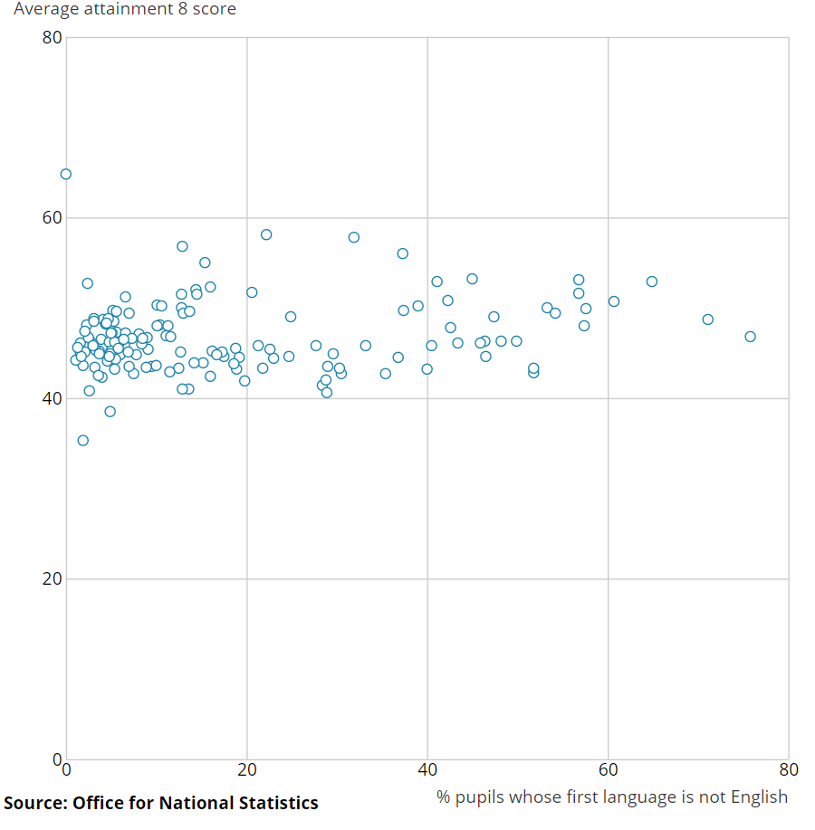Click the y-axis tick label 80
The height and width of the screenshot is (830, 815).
coord(52,38)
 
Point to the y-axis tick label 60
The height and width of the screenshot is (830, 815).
coord(52,218)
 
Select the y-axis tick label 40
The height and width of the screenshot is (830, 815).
coord(52,398)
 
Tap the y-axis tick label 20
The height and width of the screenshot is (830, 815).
coord(52,578)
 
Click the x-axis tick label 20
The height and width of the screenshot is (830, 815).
coord(247,770)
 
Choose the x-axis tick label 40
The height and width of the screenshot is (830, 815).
coord(427,770)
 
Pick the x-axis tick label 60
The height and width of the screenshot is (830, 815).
coord(608,770)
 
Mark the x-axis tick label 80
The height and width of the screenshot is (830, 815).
coord(788,770)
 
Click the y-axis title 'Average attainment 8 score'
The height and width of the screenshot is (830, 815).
coord(124,10)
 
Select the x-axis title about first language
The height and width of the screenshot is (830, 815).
coord(612,797)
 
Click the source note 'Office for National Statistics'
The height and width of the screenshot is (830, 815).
coord(196,803)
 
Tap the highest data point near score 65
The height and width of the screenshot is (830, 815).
coord(65,174)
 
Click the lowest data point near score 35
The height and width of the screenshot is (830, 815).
coord(82,440)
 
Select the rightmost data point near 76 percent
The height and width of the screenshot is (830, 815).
coord(750,337)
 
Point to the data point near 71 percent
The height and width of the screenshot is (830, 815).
coord(707,320)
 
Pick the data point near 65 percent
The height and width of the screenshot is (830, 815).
coord(651,281)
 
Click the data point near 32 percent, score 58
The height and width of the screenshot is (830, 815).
coord(354,237)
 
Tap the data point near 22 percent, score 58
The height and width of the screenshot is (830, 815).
coord(266,234)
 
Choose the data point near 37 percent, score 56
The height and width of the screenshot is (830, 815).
coord(402,253)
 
